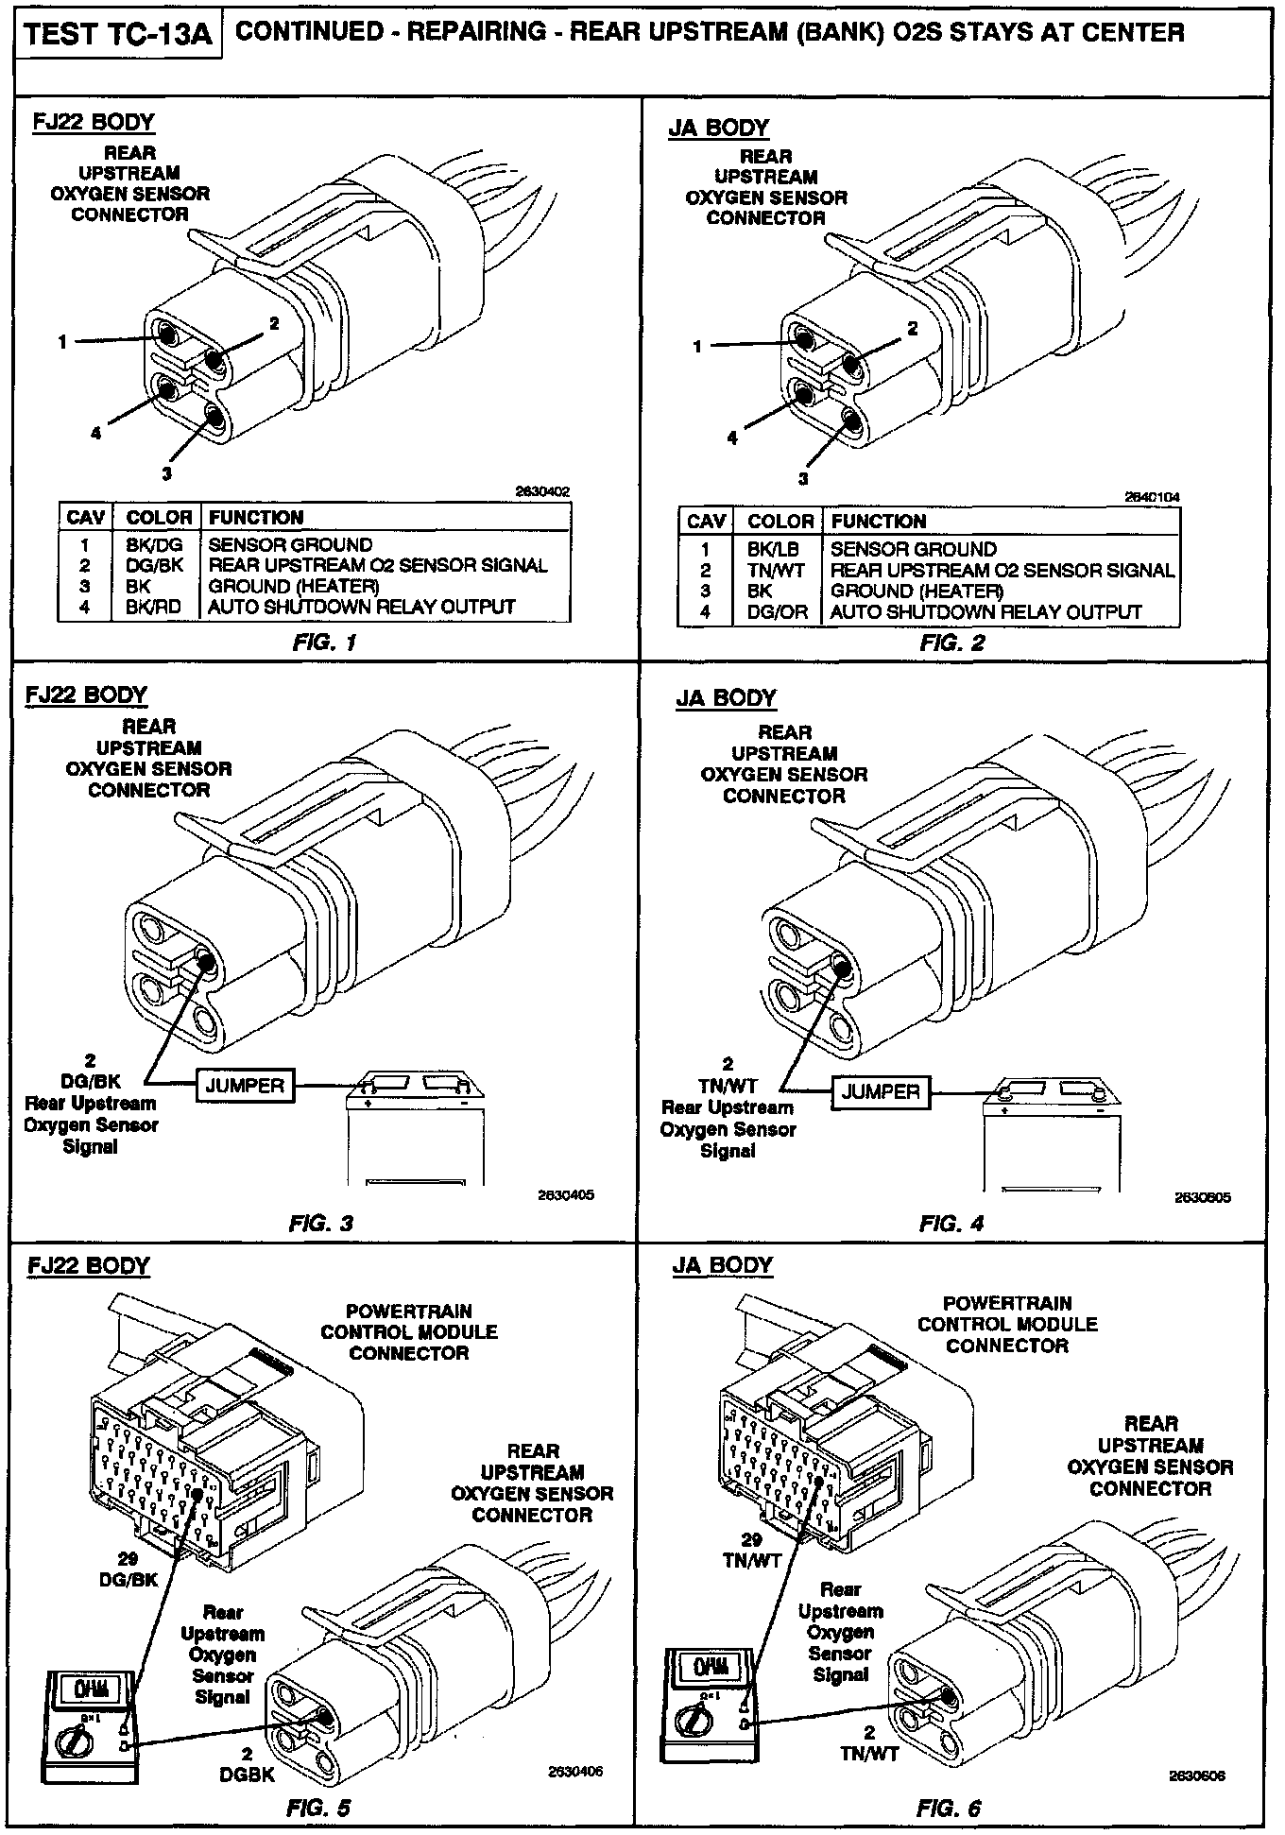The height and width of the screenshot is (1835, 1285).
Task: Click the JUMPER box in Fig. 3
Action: [245, 1086]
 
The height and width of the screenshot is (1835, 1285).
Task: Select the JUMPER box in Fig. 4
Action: [881, 1091]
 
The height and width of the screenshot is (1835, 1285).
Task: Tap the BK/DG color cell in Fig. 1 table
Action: [154, 545]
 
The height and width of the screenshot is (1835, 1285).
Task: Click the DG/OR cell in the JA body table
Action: [778, 612]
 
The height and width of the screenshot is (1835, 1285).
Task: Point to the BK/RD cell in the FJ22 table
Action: [153, 607]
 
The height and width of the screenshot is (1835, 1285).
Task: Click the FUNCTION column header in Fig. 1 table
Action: [256, 518]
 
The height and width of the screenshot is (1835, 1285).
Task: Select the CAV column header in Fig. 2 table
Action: [706, 522]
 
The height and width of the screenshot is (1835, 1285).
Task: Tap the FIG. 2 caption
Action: [951, 643]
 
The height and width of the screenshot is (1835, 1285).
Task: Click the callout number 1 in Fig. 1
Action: [63, 342]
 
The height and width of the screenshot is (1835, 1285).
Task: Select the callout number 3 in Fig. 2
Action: [803, 479]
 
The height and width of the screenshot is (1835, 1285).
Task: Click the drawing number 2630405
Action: [566, 1195]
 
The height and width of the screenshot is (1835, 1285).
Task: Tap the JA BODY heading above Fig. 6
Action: [723, 1265]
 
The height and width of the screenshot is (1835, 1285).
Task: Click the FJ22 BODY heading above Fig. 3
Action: [86, 695]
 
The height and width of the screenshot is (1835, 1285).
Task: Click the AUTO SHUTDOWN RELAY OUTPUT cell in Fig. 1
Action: [361, 607]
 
